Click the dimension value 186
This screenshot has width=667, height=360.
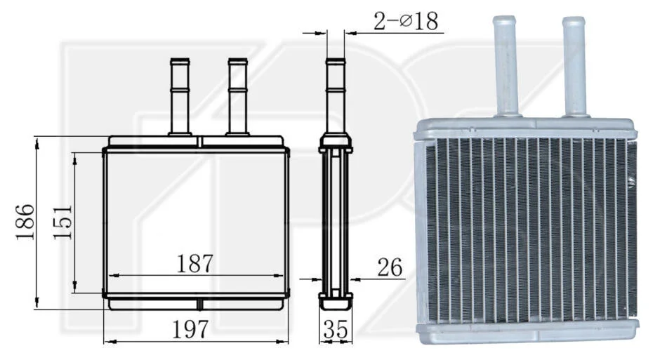25,222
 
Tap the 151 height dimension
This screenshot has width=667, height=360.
62,222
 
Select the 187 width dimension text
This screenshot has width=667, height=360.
194,264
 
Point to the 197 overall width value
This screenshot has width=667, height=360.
190,328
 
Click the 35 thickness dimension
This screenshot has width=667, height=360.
336,329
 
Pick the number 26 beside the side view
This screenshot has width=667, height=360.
390,267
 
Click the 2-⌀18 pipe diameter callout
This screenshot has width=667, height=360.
406,21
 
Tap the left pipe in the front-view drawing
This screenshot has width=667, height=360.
180,96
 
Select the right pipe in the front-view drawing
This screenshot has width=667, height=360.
238,96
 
